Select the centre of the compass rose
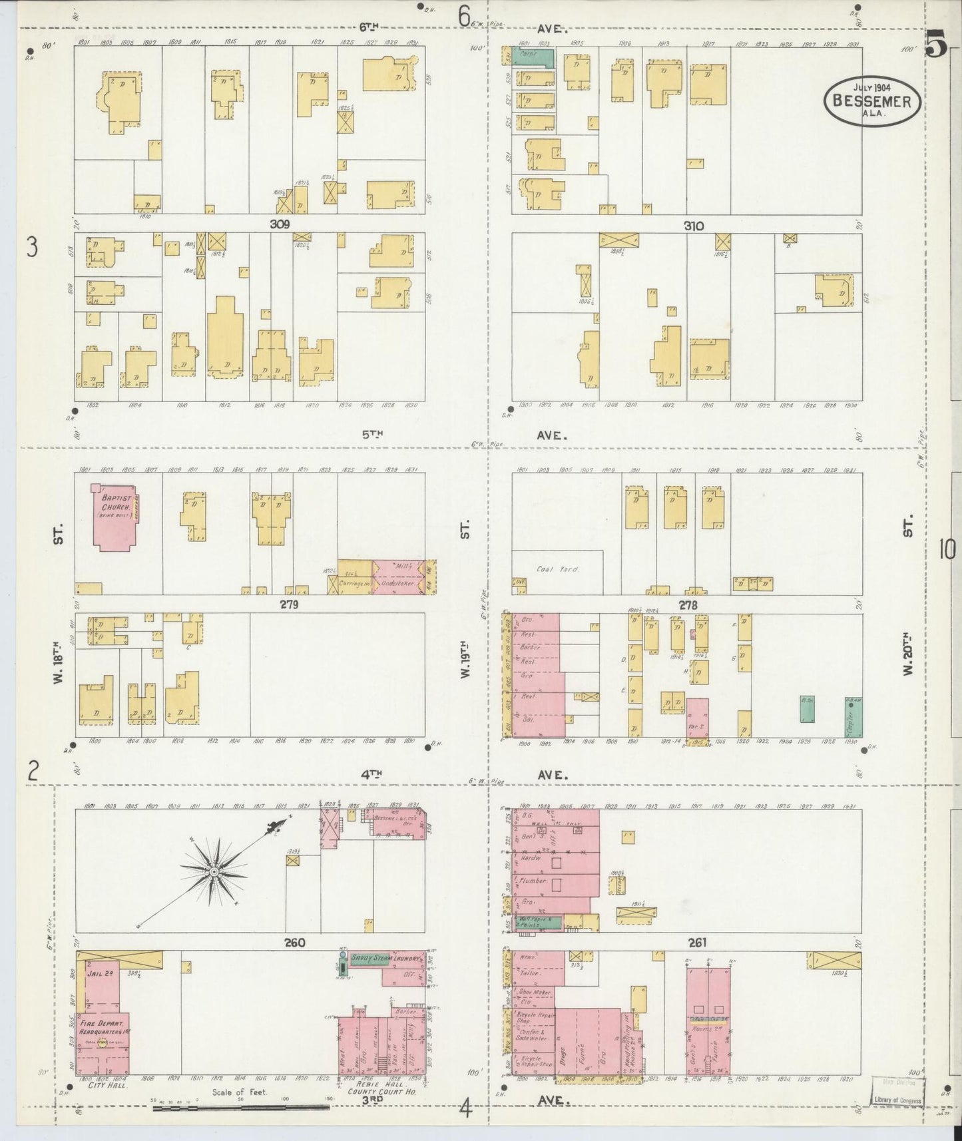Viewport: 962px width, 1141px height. [x=214, y=871]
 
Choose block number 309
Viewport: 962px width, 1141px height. [x=280, y=224]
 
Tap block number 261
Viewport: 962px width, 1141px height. [x=697, y=942]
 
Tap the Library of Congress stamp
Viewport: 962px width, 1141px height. [x=897, y=1100]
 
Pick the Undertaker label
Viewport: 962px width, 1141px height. [x=397, y=584]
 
